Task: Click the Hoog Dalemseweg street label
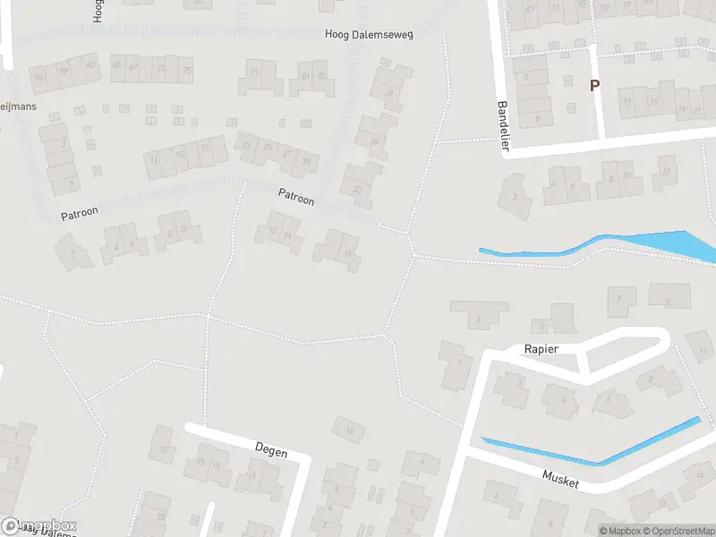tap(369, 34)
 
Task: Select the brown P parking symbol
tap(592, 86)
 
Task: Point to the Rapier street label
tap(541, 348)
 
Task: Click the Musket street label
tap(561, 479)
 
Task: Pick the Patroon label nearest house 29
tap(296, 197)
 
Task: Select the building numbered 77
tap(253, 72)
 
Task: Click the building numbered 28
tap(388, 92)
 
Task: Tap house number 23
tap(246, 145)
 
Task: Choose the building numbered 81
tap(306, 76)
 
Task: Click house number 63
tap(90, 65)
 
